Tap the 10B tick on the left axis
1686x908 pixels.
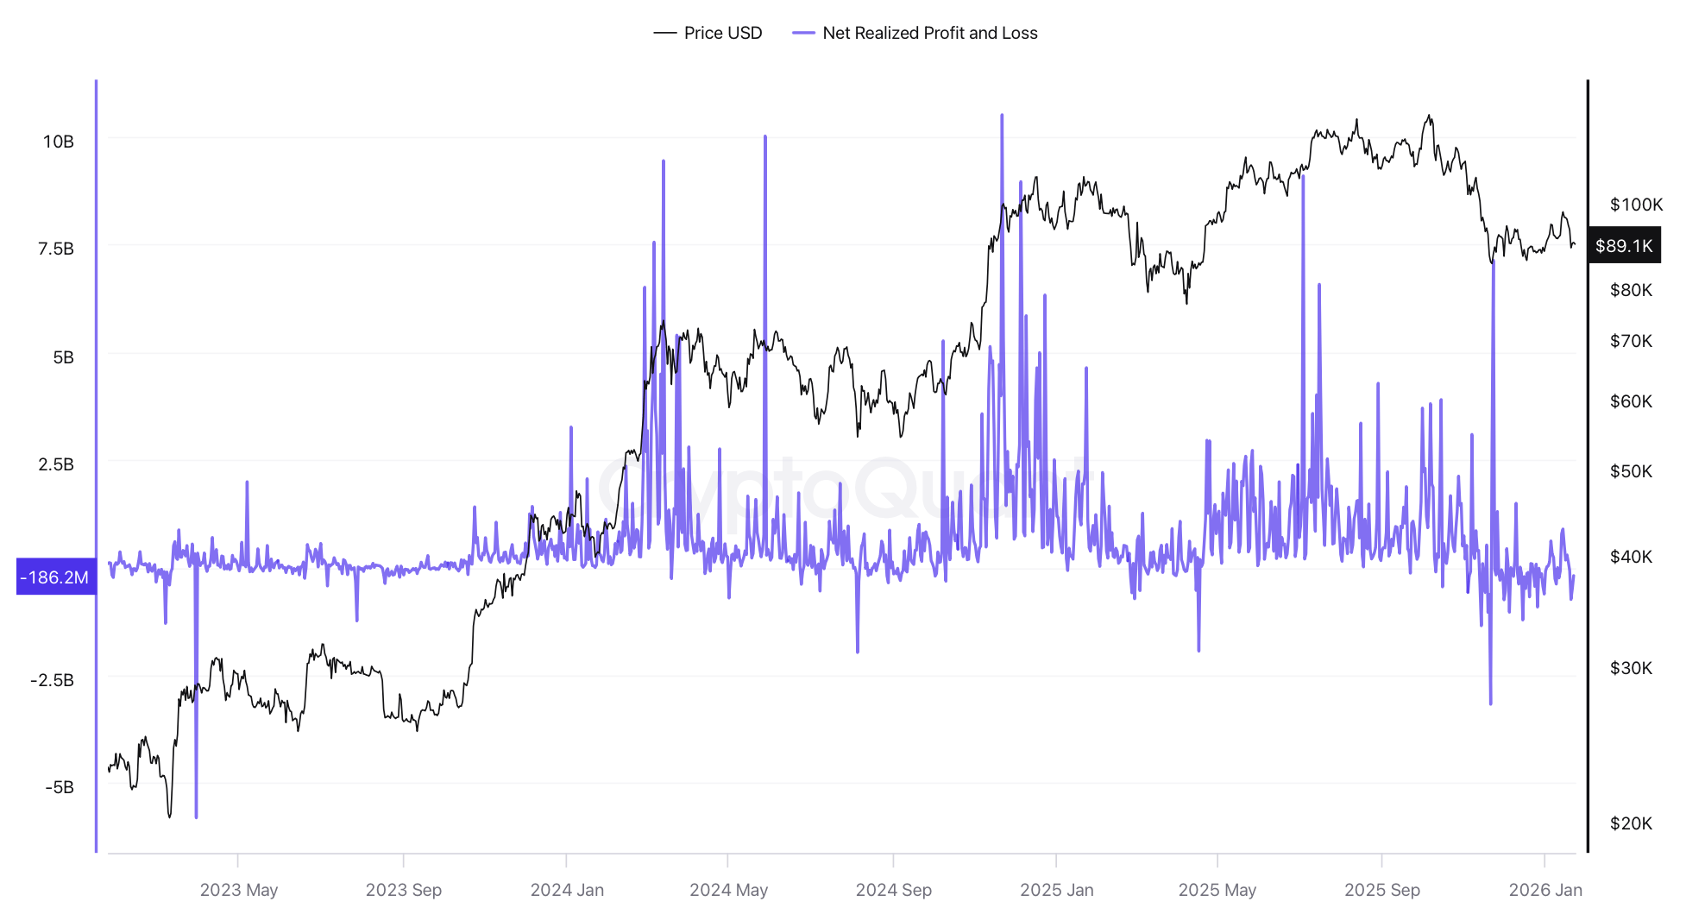59,142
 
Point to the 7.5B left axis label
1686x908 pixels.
56,249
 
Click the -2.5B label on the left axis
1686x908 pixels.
53,680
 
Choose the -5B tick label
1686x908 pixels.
60,787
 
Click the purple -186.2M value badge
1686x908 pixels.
55,577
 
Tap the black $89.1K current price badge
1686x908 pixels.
1623,246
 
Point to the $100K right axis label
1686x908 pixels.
1636,205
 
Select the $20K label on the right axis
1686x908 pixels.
1631,823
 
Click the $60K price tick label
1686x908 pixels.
1631,401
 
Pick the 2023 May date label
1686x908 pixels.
239,890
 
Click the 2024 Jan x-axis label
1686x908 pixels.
567,890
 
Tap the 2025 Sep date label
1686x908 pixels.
1382,890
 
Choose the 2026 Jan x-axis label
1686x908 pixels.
1545,890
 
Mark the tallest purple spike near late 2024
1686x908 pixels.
1002,115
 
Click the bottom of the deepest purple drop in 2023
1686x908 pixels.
196,816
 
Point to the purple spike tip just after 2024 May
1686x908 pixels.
764,136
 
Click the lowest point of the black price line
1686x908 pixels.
169,817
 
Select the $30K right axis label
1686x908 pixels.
1631,668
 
